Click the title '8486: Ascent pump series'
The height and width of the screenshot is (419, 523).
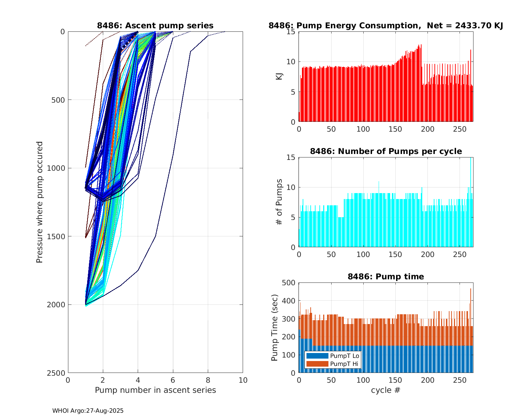155,25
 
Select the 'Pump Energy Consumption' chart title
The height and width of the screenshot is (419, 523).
386,25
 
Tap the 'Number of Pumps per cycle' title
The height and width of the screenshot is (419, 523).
386,151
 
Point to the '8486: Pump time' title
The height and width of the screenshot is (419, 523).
386,277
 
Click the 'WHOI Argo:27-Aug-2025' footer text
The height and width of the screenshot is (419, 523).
88,411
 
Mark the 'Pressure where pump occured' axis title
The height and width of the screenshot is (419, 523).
40,202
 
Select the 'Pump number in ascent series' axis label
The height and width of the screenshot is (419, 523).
155,390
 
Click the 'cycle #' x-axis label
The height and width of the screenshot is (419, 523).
386,390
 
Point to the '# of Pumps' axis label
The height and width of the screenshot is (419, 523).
279,202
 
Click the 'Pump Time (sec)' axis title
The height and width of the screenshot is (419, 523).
275,328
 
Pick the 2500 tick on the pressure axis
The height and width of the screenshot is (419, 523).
57,373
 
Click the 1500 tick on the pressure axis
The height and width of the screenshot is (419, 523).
57,236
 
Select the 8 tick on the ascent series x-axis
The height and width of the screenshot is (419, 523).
208,380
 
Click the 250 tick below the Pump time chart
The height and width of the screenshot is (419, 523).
460,380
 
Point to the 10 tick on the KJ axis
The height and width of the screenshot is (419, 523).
291,62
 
